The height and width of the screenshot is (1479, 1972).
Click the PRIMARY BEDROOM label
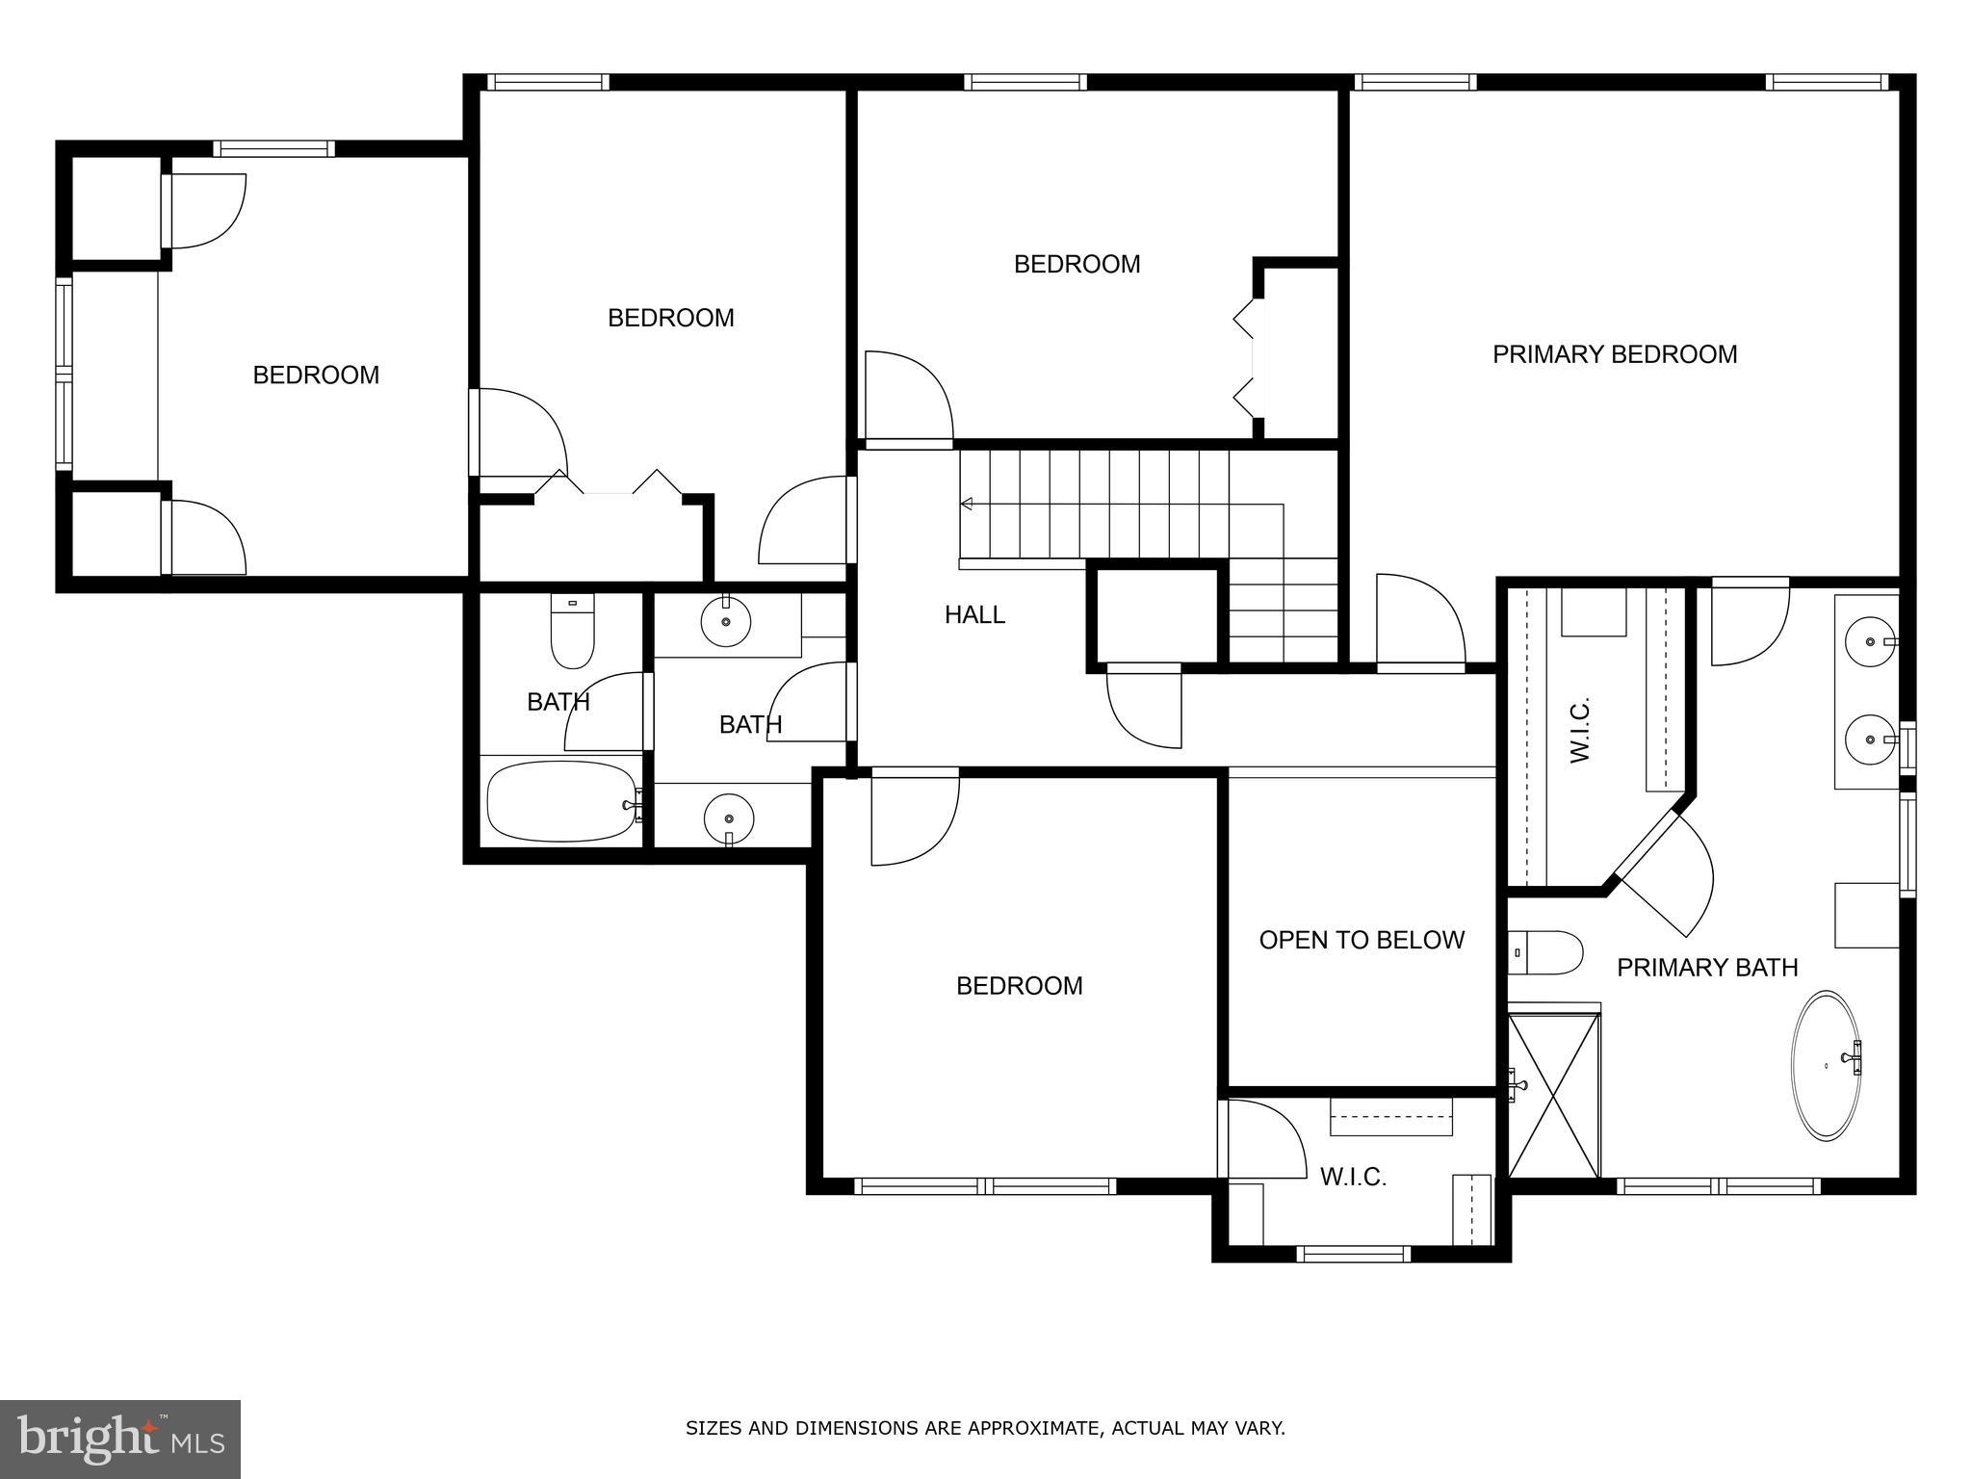pyautogui.click(x=1614, y=354)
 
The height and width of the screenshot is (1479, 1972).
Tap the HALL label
pyautogui.click(x=974, y=614)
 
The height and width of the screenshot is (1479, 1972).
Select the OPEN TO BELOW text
pyautogui.click(x=1361, y=940)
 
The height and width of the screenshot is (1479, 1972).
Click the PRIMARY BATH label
pyautogui.click(x=1706, y=967)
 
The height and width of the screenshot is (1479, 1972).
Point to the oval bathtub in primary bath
pyautogui.click(x=1825, y=1065)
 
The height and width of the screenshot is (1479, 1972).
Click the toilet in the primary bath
pyautogui.click(x=1544, y=952)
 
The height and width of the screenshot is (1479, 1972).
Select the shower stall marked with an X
pyautogui.click(x=1553, y=1094)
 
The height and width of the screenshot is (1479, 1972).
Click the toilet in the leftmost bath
pyautogui.click(x=572, y=632)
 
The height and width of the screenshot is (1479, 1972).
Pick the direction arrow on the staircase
pyautogui.click(x=967, y=504)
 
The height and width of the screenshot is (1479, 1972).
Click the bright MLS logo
pyautogui.click(x=120, y=1440)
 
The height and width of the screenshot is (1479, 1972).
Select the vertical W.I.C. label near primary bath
pyautogui.click(x=1580, y=732)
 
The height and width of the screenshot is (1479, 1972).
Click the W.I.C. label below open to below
pyautogui.click(x=1352, y=1177)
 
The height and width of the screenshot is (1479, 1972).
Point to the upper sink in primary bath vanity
pyautogui.click(x=1869, y=641)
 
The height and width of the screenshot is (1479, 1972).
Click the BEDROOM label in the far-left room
pyautogui.click(x=316, y=375)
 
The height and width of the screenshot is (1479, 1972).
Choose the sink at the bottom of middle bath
pyautogui.click(x=728, y=818)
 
